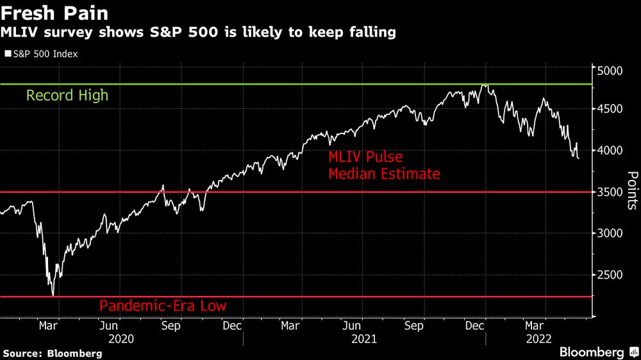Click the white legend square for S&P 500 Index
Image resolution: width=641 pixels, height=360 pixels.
pos(8,54)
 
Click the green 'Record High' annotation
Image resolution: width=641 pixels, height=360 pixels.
pos(67,96)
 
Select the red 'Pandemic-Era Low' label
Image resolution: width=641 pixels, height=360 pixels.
pos(163,306)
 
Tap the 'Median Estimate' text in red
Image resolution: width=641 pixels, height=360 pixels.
pos(384,173)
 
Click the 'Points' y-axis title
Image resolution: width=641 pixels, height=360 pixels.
pos(632,190)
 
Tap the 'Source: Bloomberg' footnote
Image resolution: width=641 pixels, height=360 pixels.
pos(53,353)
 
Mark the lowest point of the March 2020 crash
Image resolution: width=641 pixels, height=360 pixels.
pos(53,295)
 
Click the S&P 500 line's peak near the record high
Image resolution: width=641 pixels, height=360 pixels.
pos(485,85)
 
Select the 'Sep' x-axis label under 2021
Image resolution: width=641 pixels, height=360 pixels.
pos(415,325)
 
